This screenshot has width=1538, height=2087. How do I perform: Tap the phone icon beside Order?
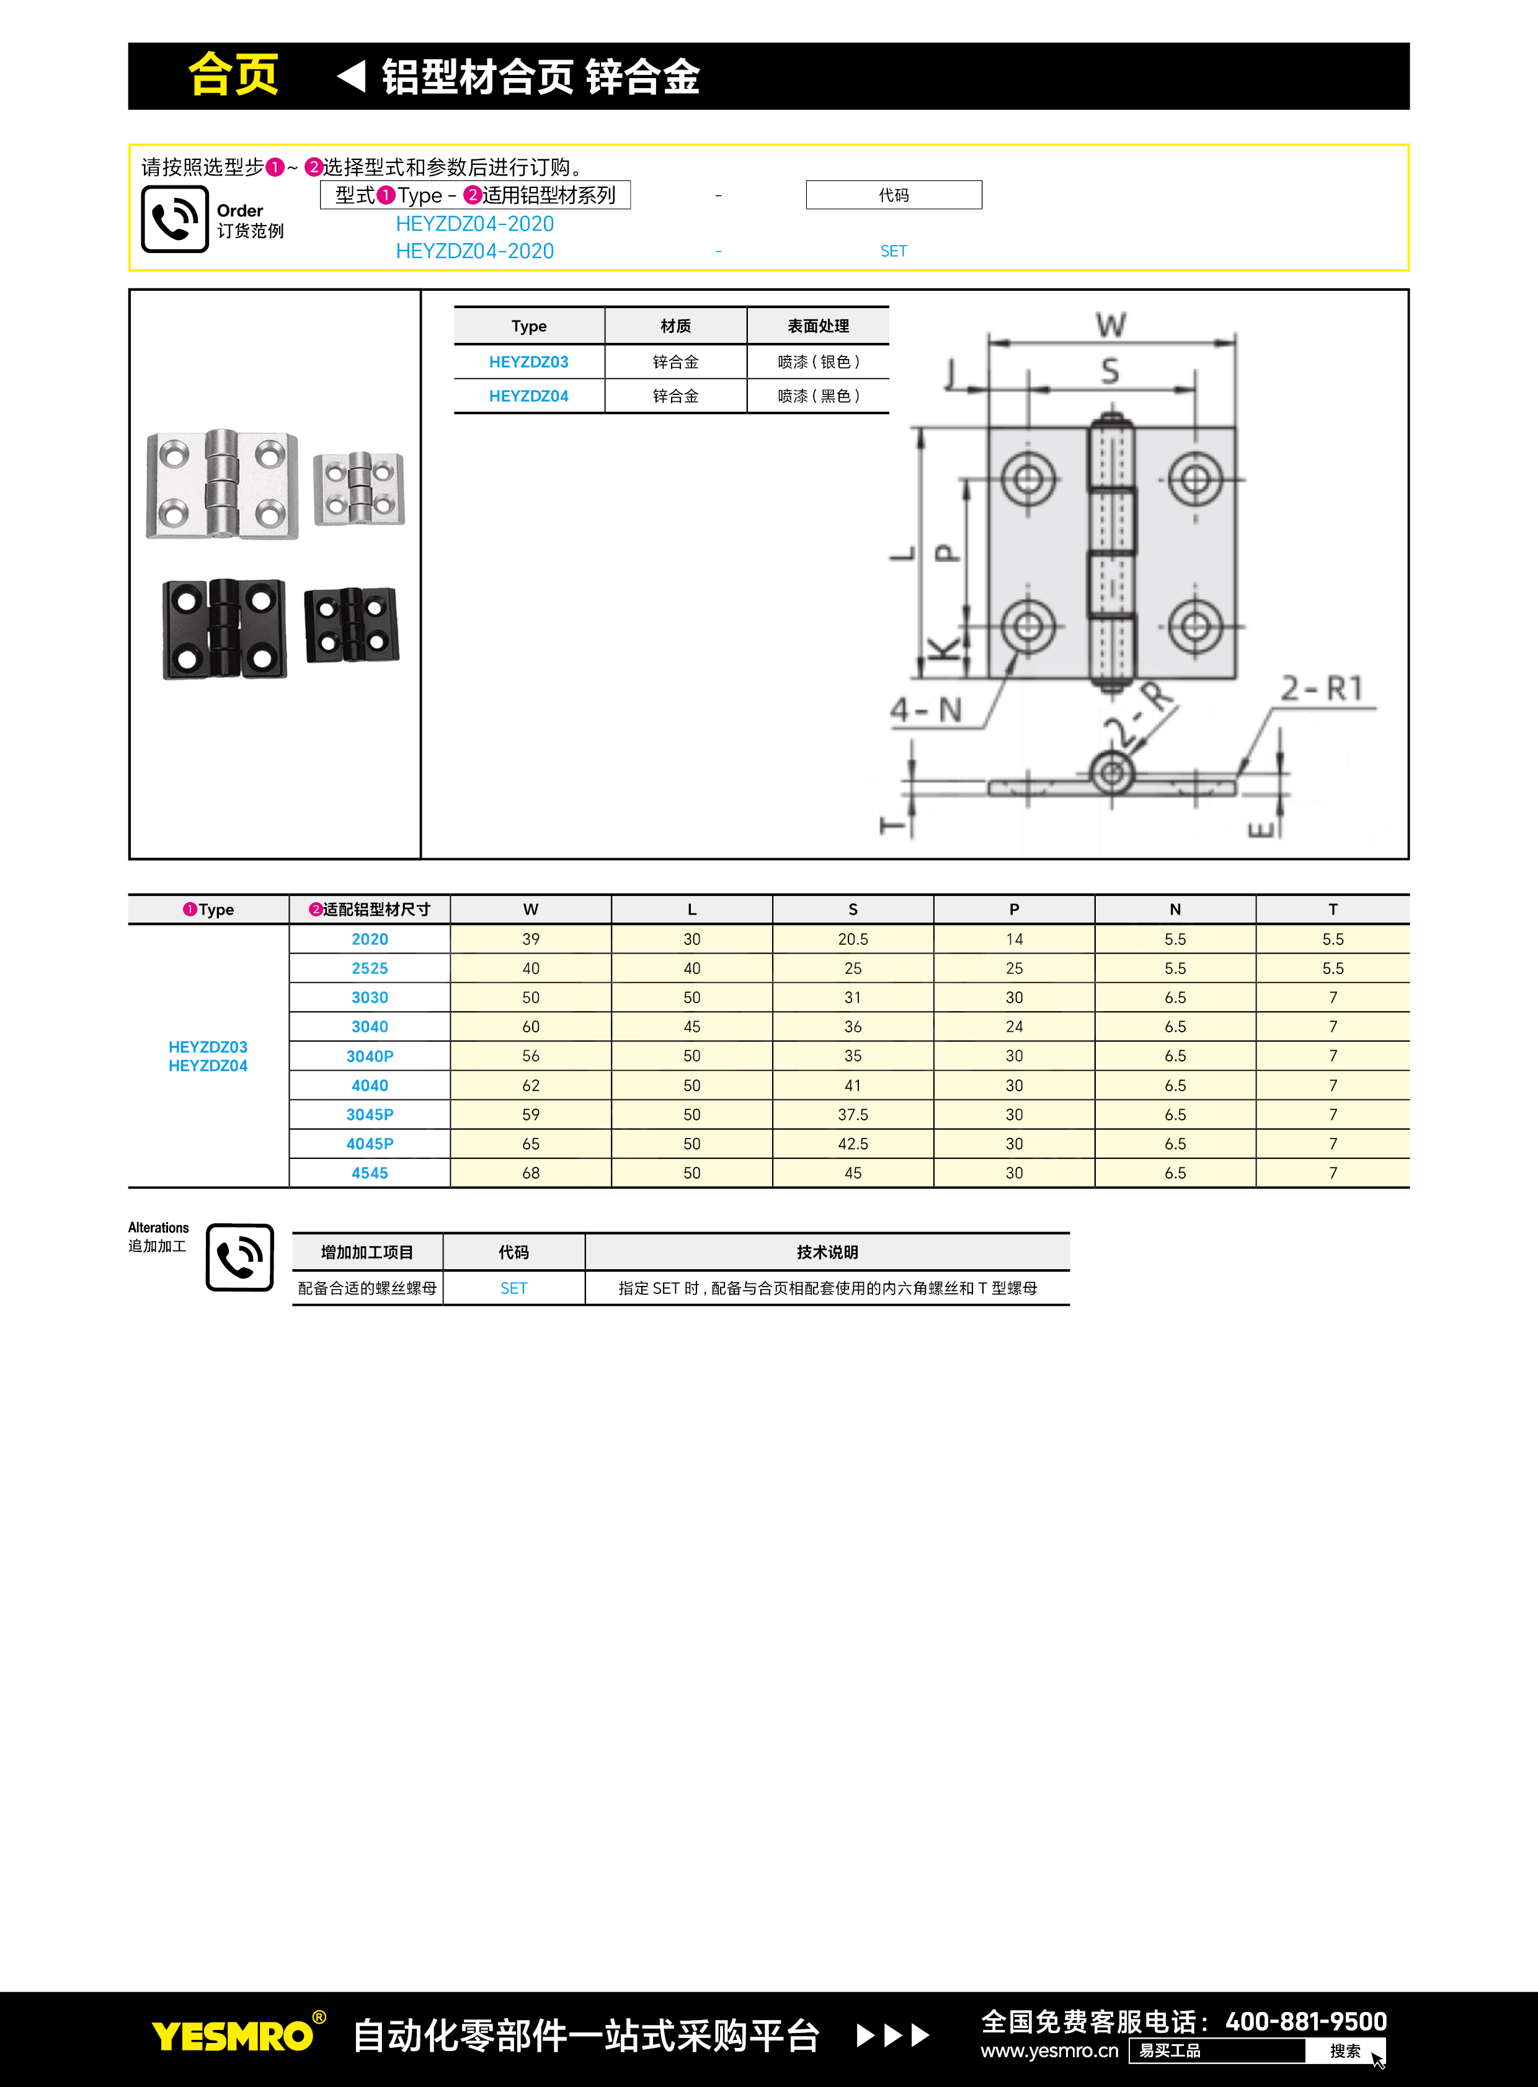pyautogui.click(x=174, y=219)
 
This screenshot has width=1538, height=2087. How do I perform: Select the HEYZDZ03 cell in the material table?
pyautogui.click(x=529, y=362)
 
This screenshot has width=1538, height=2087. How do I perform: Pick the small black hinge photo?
pyautogui.click(x=351, y=624)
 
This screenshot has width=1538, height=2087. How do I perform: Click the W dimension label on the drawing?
pyautogui.click(x=1111, y=325)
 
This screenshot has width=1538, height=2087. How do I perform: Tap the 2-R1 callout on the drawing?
pyautogui.click(x=1322, y=689)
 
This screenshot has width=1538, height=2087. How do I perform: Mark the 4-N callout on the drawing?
pyautogui.click(x=925, y=711)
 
